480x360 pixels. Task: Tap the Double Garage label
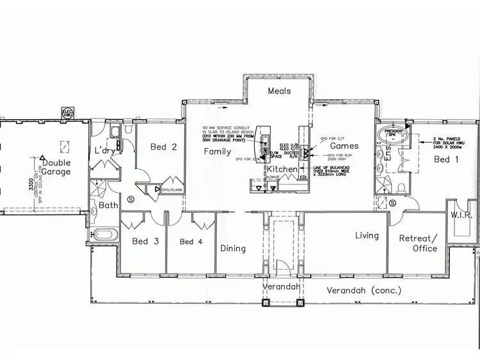click(x=57, y=168)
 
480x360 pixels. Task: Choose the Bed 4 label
click(x=191, y=241)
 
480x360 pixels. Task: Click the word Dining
click(x=233, y=249)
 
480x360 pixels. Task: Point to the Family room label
click(x=218, y=152)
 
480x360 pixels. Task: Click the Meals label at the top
click(x=279, y=91)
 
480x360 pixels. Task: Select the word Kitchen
click(x=282, y=169)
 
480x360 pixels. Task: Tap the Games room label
click(x=344, y=146)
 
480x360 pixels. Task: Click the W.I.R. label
click(x=461, y=215)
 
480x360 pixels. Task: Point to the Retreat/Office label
click(x=418, y=243)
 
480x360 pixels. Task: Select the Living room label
click(x=367, y=236)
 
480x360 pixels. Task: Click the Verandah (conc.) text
click(x=364, y=290)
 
